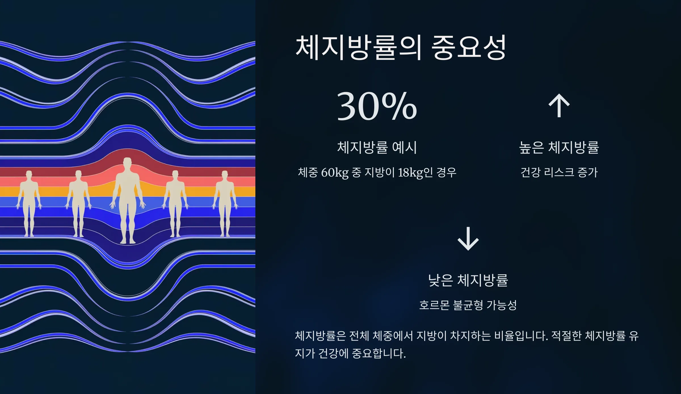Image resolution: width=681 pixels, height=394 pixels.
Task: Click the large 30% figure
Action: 377,106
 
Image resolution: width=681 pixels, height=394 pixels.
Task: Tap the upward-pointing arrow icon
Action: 559,105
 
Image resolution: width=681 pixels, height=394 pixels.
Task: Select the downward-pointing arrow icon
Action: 468,239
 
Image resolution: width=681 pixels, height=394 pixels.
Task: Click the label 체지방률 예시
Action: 377,147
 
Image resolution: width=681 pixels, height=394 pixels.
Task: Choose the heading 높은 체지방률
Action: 559,147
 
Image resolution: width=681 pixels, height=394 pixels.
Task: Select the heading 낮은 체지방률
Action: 468,280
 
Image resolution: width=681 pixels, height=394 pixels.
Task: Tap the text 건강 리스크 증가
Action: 559,172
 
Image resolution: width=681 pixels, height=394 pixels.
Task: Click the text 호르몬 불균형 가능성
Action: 468,305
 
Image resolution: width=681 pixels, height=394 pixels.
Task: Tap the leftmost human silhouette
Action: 29,202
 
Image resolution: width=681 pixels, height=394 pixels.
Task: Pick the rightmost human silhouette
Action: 225,202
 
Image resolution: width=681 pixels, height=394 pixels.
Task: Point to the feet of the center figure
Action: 128,241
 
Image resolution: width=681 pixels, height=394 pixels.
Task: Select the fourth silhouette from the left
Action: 175,202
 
